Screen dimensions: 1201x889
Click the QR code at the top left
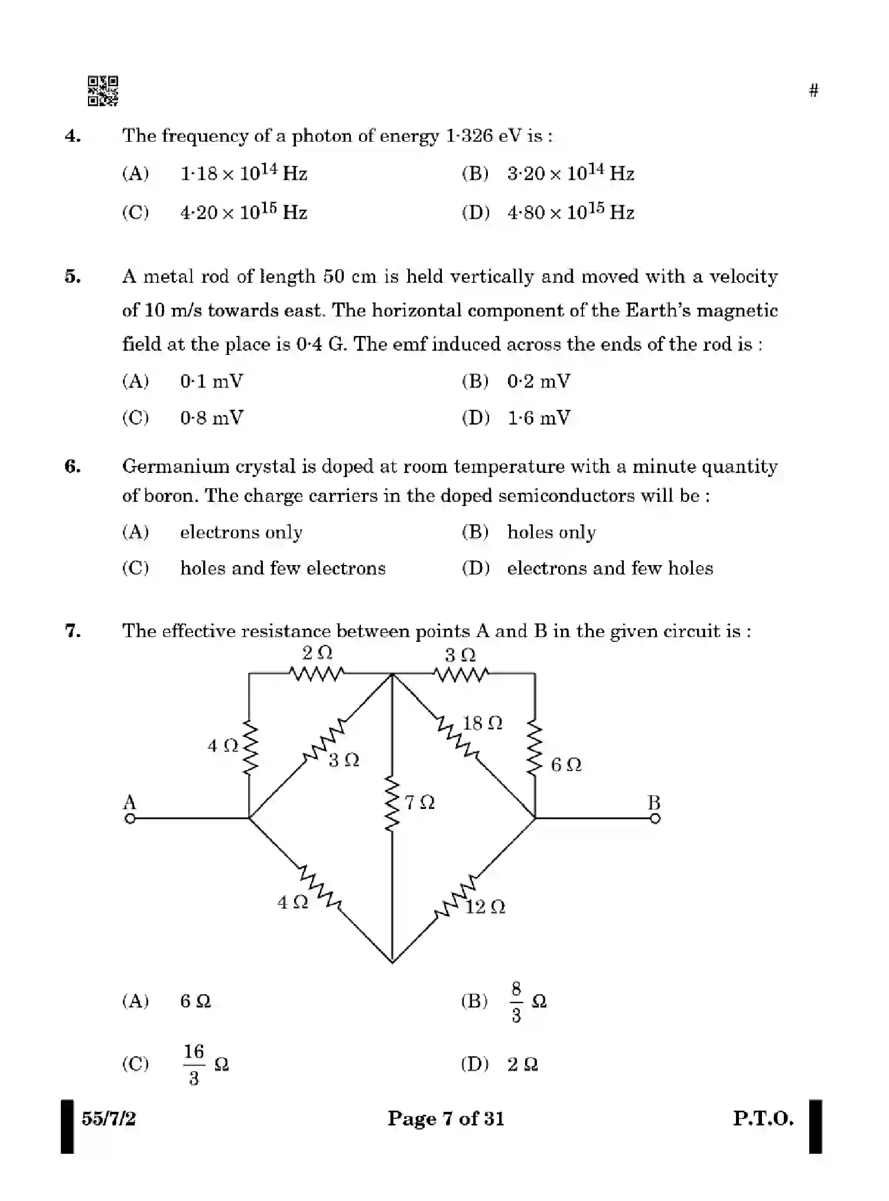(x=103, y=91)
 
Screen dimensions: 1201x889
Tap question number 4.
(x=73, y=136)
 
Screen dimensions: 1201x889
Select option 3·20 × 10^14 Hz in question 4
(x=570, y=173)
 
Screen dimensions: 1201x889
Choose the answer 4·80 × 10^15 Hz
(x=570, y=212)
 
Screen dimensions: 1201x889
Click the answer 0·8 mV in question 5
(x=211, y=418)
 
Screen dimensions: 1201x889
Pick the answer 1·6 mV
(x=539, y=418)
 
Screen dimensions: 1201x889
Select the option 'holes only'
(x=551, y=533)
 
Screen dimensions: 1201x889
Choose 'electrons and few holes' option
(x=610, y=569)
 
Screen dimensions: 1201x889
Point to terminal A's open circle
(x=130, y=818)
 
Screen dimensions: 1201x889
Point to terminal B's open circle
(x=654, y=818)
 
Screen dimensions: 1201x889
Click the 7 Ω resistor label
(x=419, y=802)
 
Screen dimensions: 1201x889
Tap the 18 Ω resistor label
(x=483, y=723)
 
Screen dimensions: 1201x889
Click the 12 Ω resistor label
(x=485, y=907)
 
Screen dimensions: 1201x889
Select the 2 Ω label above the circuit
(x=317, y=653)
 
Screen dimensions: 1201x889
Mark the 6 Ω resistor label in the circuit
(x=566, y=765)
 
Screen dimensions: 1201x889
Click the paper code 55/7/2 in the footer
(x=109, y=1118)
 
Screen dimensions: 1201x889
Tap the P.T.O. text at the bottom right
(x=763, y=1118)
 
